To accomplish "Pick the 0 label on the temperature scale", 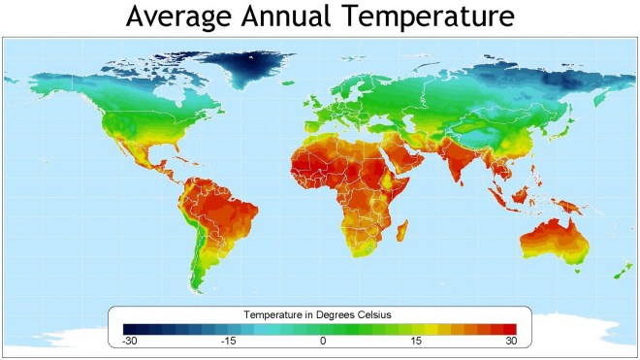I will (x=323, y=342).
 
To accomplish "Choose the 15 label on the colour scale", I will (x=415, y=342).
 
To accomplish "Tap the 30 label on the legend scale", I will (x=510, y=342).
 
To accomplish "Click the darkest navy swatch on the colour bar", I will (x=128, y=329).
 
